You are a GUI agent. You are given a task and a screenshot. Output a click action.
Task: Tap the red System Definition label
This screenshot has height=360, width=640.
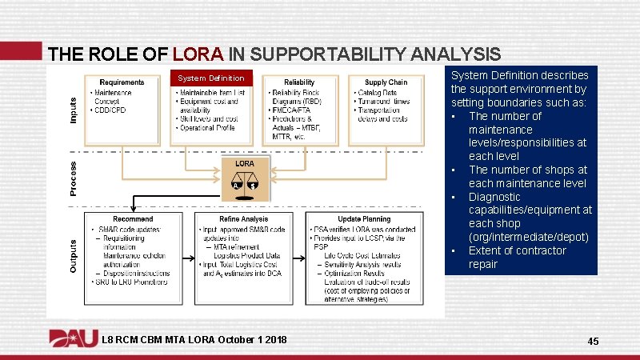pyautogui.click(x=211, y=78)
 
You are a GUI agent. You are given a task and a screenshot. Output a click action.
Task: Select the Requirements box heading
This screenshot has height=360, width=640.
pyautogui.click(x=122, y=82)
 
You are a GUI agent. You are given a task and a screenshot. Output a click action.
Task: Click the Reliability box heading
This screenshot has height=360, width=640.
pyautogui.click(x=299, y=82)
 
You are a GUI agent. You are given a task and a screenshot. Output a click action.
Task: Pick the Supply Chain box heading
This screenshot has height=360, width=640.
pyautogui.click(x=386, y=82)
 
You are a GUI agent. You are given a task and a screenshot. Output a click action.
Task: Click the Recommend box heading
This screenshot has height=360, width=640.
pyautogui.click(x=133, y=218)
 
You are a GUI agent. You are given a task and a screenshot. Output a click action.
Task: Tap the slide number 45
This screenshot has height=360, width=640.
pyautogui.click(x=593, y=342)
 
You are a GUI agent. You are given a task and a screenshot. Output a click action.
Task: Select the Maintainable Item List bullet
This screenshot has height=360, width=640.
pyautogui.click(x=214, y=93)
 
